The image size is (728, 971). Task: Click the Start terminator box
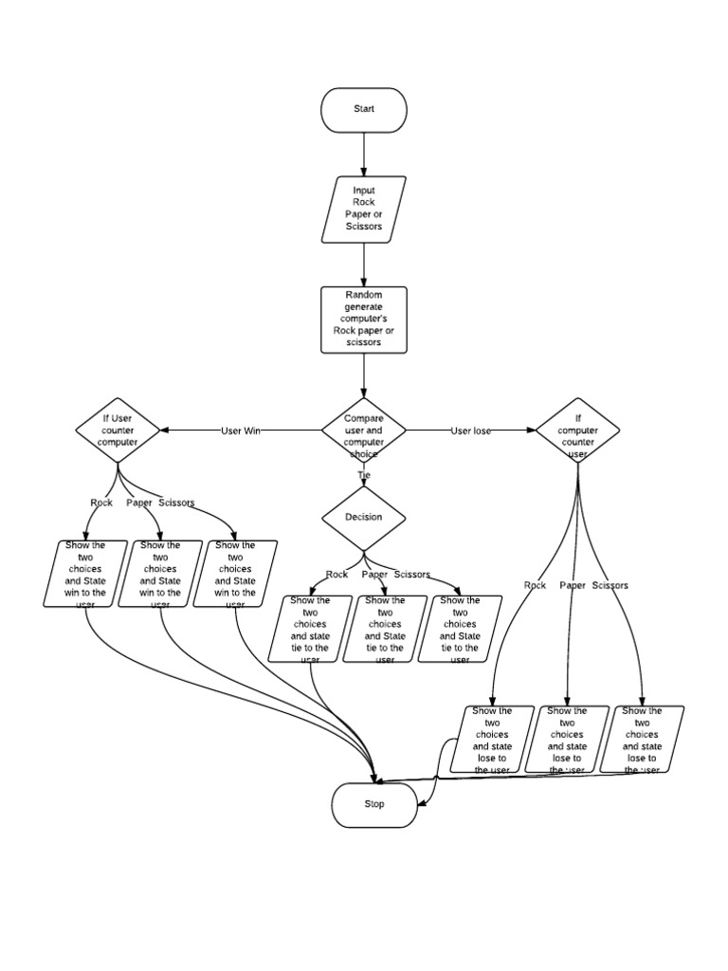click(364, 110)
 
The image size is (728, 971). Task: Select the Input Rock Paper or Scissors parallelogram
click(365, 209)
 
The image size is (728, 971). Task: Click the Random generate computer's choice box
click(364, 320)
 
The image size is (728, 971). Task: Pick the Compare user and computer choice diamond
click(364, 431)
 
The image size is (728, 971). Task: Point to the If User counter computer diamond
click(118, 431)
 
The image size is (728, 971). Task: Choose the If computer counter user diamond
click(577, 431)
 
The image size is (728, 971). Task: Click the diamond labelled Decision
click(364, 518)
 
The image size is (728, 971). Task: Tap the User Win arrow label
click(241, 431)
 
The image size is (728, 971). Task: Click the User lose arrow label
click(470, 431)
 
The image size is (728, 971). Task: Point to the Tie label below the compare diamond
click(364, 474)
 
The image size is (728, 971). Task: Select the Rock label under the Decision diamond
click(337, 575)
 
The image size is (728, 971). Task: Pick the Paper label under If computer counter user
click(573, 586)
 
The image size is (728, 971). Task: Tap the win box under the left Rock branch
click(86, 574)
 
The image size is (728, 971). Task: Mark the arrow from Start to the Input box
click(364, 155)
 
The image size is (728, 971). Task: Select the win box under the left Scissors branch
click(235, 574)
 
